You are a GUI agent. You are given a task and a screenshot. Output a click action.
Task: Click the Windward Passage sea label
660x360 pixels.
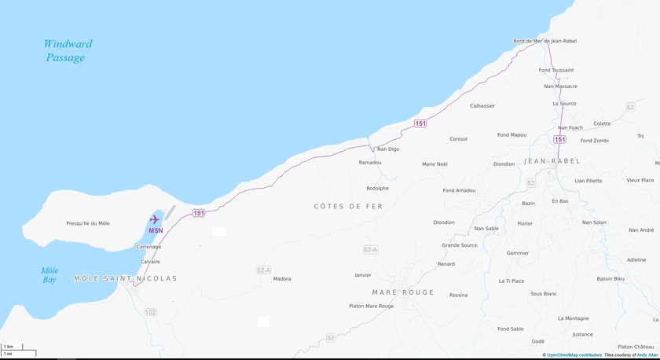[67, 50]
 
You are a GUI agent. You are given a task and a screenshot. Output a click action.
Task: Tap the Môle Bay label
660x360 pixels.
[49, 274]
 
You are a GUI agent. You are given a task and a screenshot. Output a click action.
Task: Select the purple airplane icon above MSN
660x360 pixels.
[155, 219]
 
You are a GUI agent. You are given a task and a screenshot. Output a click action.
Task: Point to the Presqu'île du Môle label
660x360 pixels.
[88, 223]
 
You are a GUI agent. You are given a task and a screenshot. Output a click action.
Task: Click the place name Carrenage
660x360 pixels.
[148, 247]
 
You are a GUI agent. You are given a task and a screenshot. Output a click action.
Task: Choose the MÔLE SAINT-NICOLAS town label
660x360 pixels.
[126, 278]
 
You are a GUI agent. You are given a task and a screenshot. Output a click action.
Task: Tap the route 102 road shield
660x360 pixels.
[151, 312]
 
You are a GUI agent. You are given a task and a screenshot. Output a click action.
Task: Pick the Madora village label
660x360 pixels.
[281, 279]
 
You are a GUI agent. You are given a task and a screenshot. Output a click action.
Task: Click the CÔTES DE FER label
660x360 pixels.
[348, 206]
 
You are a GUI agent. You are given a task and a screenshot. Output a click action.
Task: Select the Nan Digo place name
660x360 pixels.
[388, 149]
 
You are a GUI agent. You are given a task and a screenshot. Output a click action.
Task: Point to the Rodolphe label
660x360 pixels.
[377, 188]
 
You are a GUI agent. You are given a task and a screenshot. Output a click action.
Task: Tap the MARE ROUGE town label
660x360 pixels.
[403, 292]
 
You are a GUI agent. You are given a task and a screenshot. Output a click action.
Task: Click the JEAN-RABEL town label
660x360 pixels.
[552, 161]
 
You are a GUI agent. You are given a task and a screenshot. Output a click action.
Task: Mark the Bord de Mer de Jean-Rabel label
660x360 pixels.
[544, 41]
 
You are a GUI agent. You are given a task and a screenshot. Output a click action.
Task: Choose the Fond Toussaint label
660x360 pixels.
[555, 70]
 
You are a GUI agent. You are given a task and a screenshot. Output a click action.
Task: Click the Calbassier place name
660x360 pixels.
[482, 105]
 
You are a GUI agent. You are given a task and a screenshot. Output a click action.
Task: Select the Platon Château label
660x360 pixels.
[636, 347]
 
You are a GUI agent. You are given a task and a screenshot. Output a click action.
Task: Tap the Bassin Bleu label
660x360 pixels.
[610, 278]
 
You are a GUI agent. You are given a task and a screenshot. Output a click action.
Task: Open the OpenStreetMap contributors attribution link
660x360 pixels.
[574, 355]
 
